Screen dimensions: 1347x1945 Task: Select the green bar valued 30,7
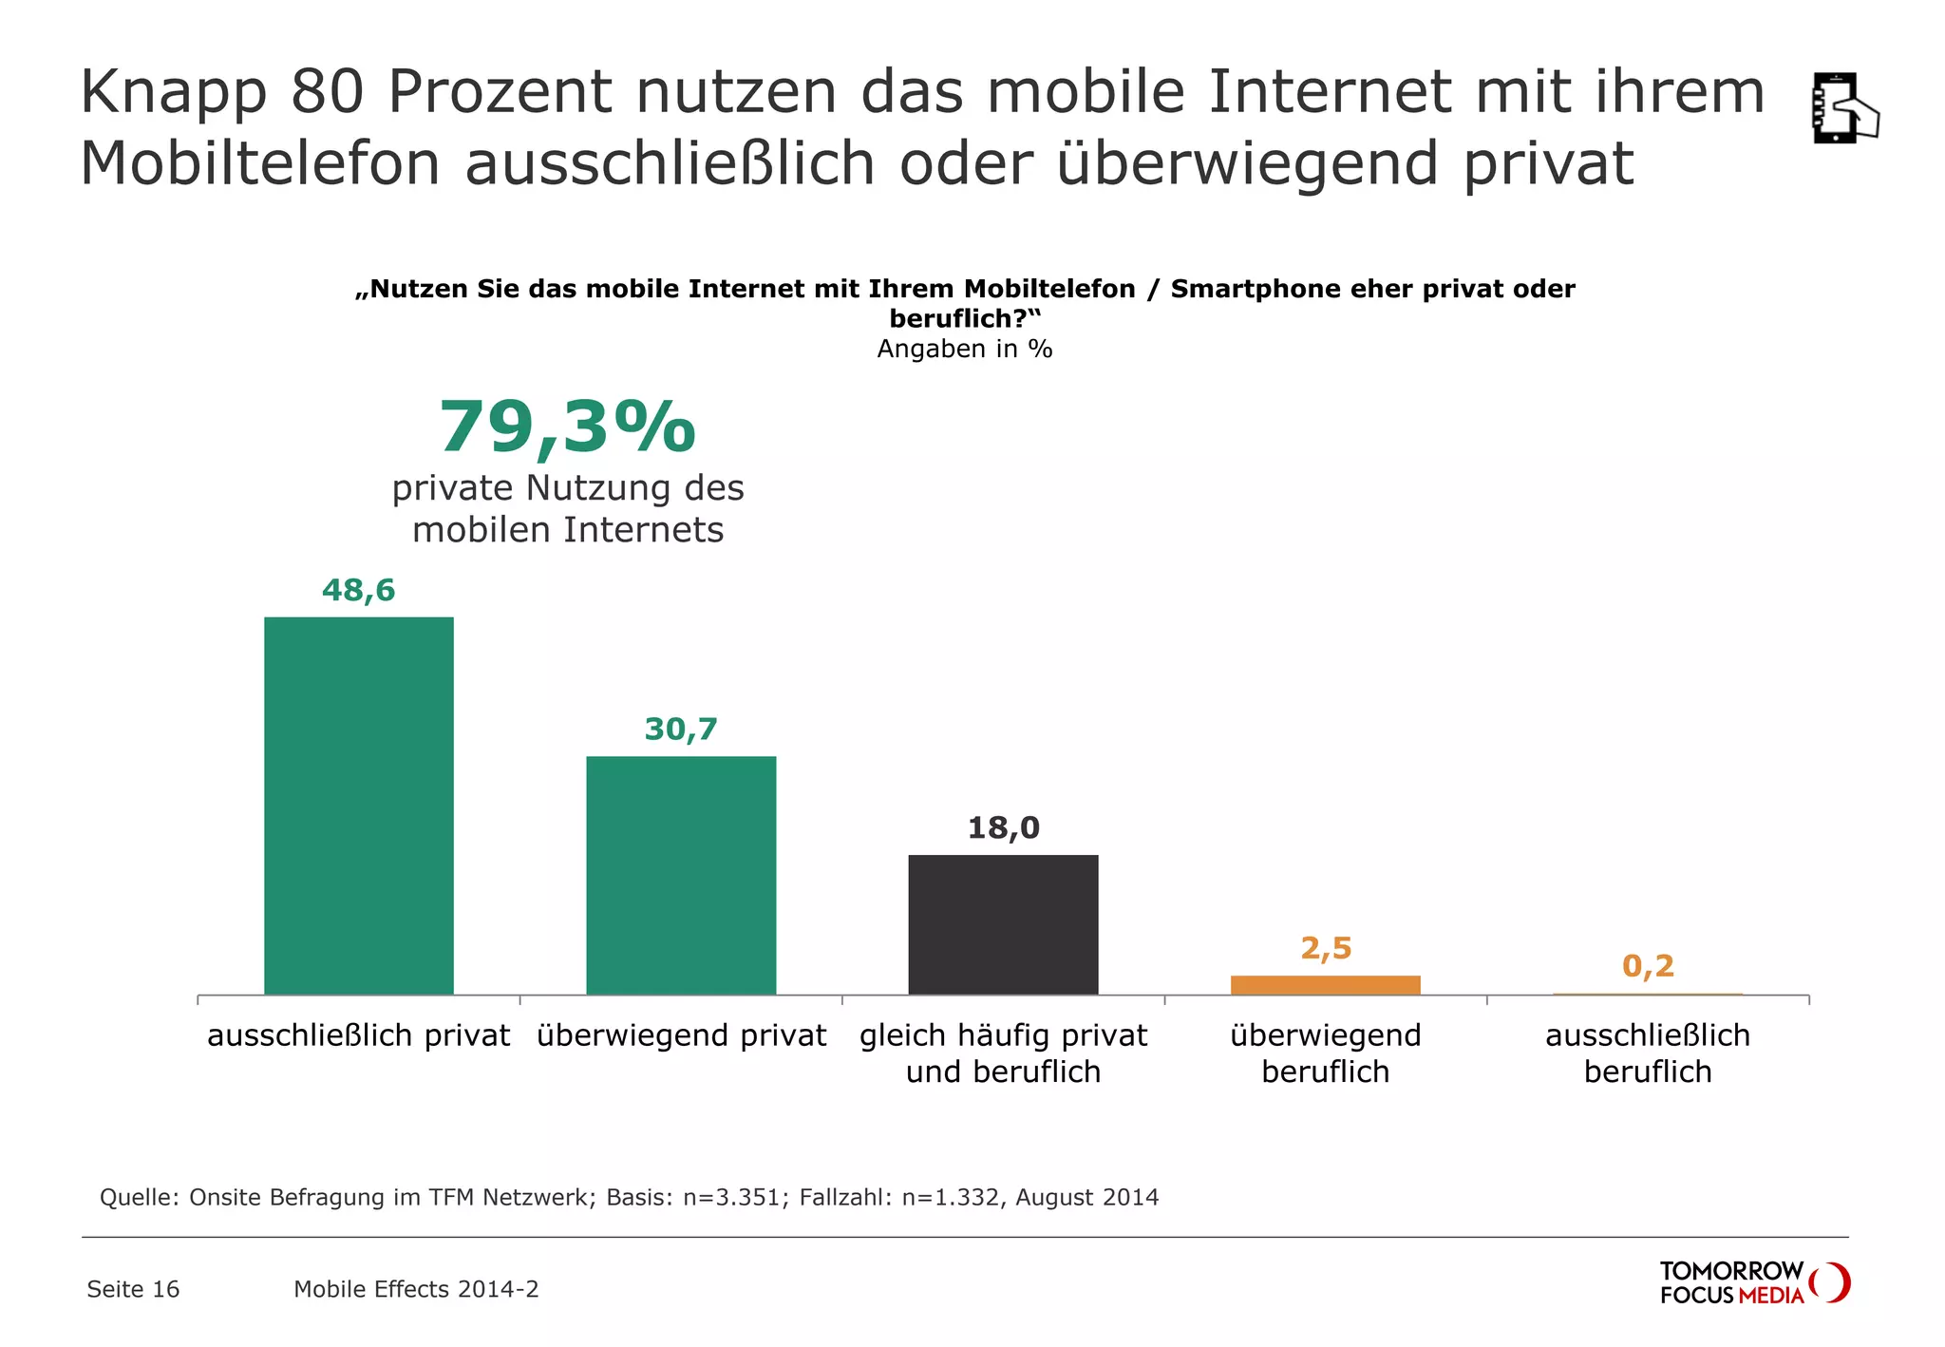click(681, 875)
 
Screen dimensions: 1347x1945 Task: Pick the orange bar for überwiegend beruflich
click(1325, 985)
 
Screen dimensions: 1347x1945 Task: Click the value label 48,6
click(358, 591)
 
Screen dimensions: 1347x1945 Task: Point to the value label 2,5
click(1326, 948)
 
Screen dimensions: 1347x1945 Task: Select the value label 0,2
click(1648, 966)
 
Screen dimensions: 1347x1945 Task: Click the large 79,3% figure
click(567, 427)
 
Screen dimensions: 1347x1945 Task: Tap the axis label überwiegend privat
click(681, 1034)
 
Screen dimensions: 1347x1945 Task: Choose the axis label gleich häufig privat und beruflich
click(1003, 1053)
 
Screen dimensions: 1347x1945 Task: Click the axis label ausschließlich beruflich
click(1648, 1053)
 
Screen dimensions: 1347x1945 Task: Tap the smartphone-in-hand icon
click(1842, 108)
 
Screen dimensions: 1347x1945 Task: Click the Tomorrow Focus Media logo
click(1753, 1282)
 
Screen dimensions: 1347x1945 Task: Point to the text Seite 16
click(133, 1289)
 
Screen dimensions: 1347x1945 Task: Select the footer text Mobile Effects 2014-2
click(416, 1289)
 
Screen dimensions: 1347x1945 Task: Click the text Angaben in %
click(964, 349)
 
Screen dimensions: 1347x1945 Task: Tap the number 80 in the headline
click(327, 93)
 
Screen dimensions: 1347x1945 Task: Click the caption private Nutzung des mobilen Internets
click(567, 508)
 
